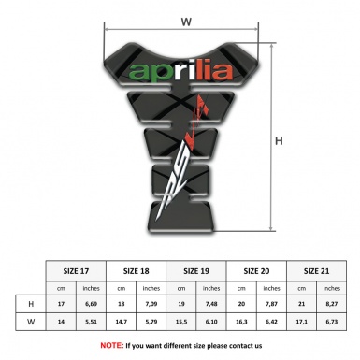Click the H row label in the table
coord(33,305)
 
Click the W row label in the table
coord(33,323)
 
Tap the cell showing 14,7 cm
coord(122,323)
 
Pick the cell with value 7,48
coord(213,305)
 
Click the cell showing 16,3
coord(243,323)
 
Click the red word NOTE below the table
coord(111,346)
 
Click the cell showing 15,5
coord(182,323)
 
